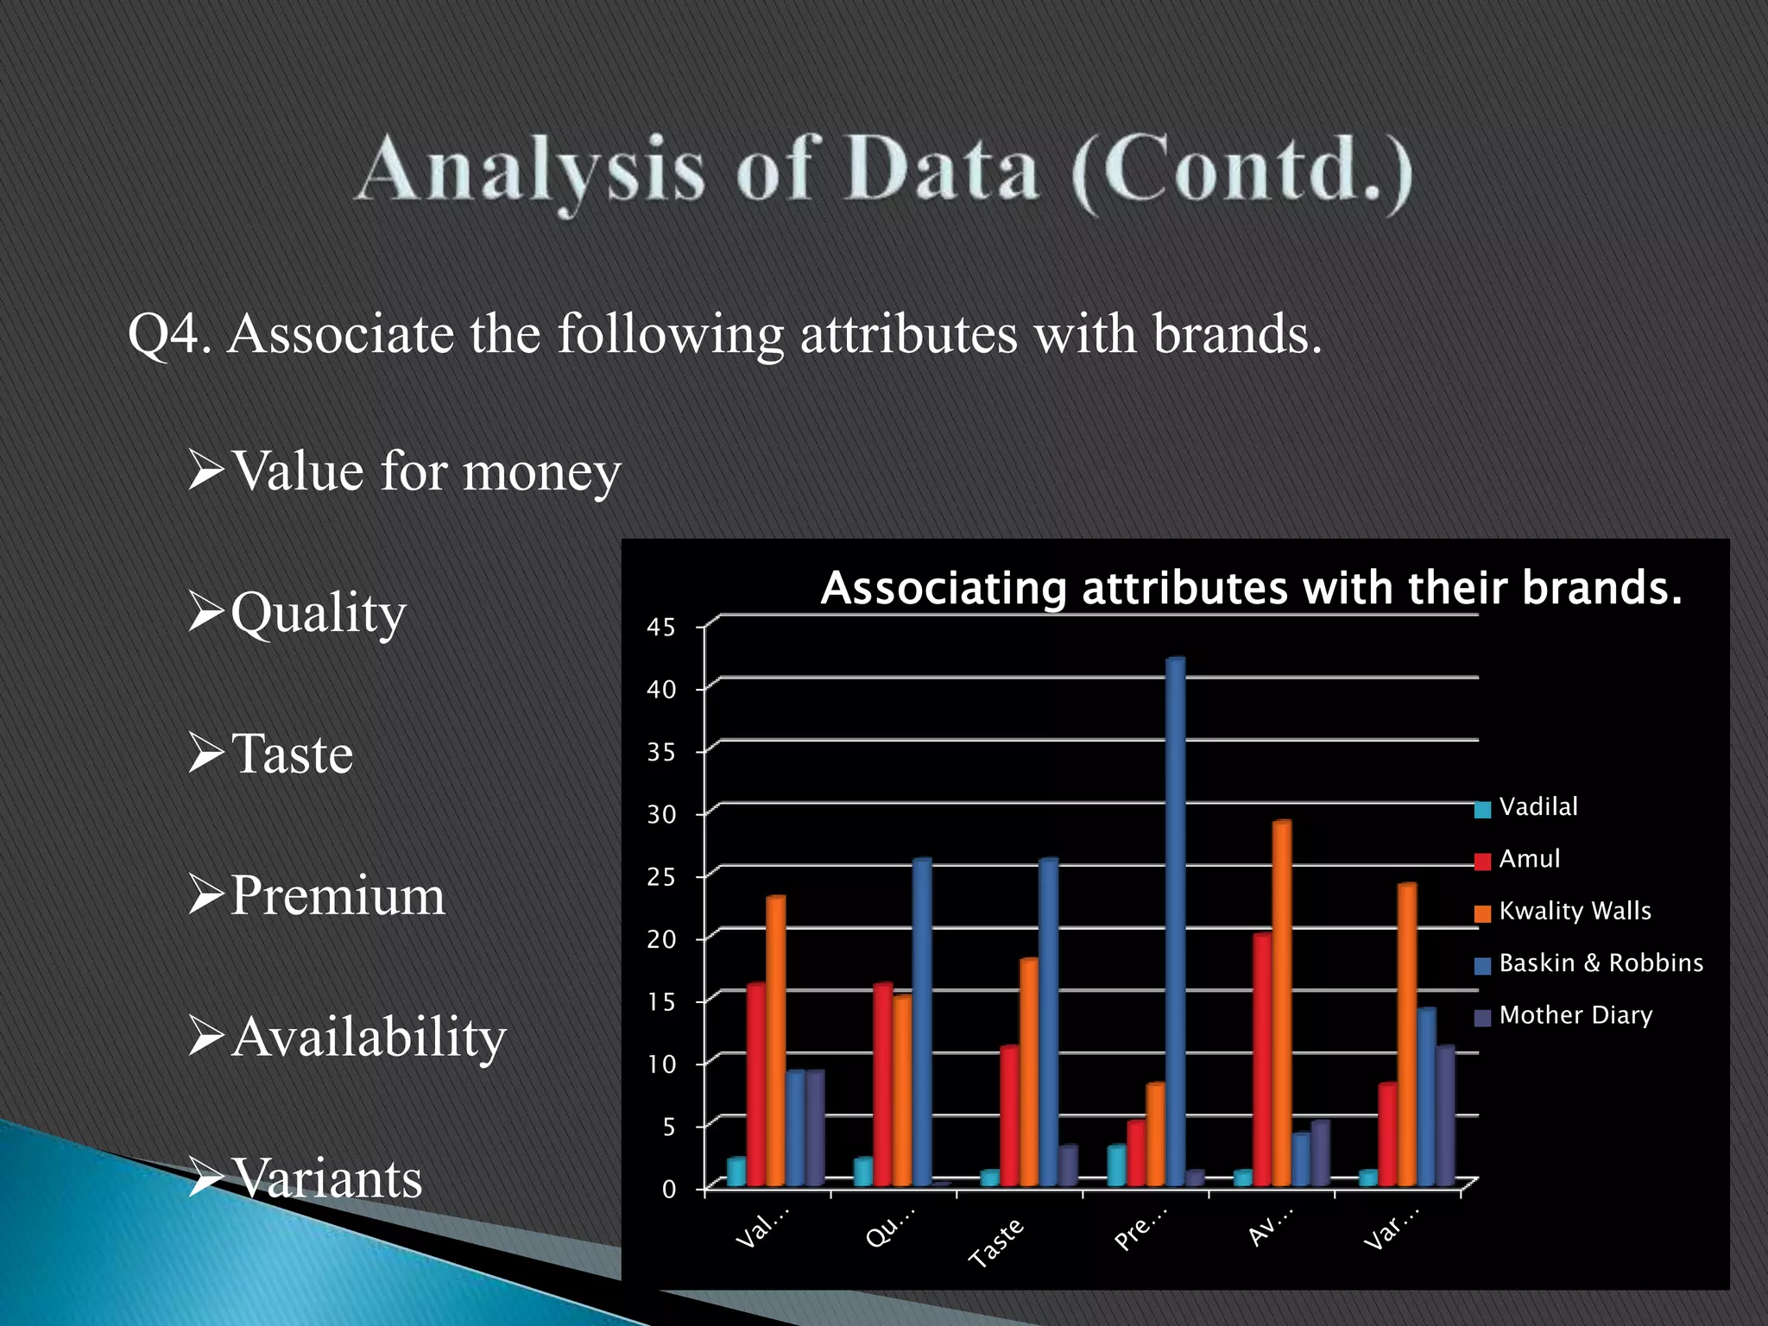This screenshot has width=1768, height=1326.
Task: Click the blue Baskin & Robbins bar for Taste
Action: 1048,1022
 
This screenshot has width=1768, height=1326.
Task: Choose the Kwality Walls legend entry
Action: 1574,911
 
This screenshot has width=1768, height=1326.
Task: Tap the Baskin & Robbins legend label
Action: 1601,963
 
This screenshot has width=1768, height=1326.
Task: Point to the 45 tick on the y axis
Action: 661,628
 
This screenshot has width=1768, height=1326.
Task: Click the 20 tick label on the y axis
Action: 661,939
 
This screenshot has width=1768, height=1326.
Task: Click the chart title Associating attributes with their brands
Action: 1251,588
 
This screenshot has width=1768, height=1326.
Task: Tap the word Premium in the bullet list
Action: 338,894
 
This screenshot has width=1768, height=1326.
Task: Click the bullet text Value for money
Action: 426,471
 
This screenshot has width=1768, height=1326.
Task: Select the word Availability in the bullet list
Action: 369,1036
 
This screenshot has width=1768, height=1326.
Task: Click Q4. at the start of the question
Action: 170,334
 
